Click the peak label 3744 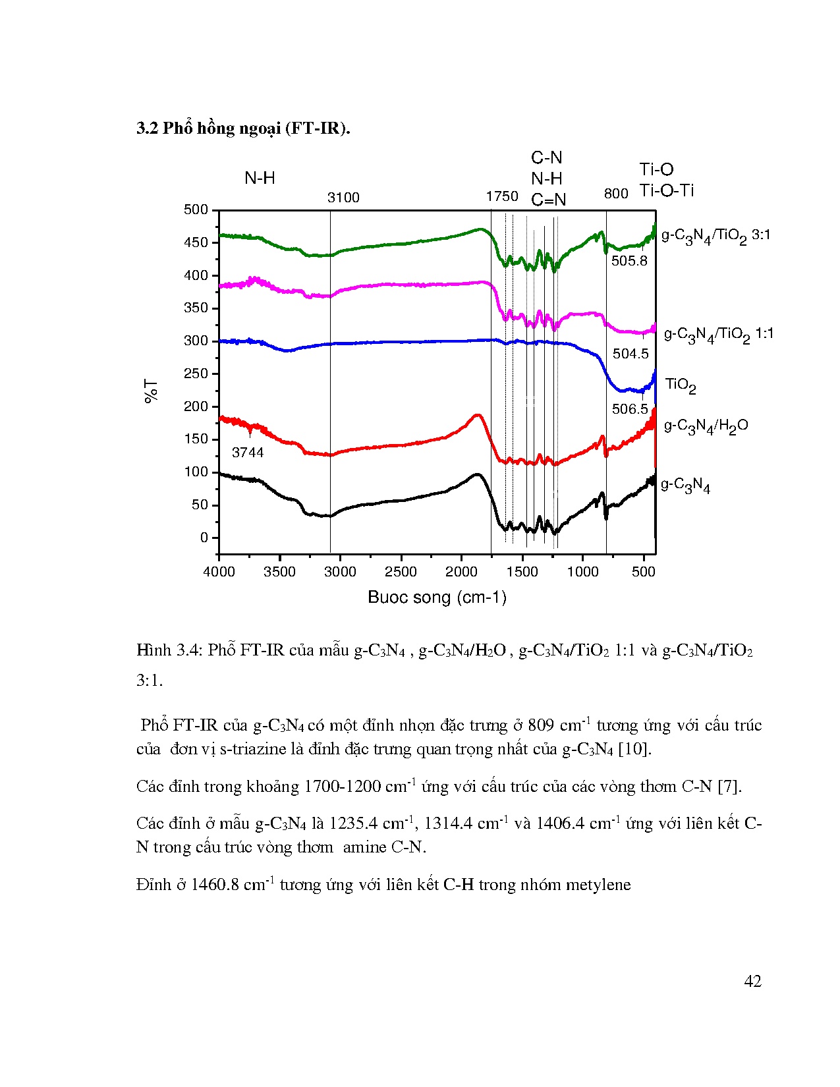tap(248, 453)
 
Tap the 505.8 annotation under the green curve tap(629, 261)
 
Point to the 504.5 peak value tap(630, 354)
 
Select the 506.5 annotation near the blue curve tap(630, 409)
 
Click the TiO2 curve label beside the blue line tap(681, 385)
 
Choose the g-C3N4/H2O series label tap(706, 426)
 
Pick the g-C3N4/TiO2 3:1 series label tap(715, 236)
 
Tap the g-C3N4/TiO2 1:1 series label tap(719, 335)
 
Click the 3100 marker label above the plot tap(343, 198)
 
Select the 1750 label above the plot tap(502, 196)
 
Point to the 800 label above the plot tap(616, 194)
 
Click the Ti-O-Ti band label tap(667, 191)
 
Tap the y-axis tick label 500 tap(196, 210)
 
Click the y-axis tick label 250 tap(196, 374)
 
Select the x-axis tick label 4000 tap(219, 572)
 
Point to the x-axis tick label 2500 tap(401, 572)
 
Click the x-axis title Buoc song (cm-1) tap(437, 598)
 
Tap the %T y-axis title tap(152, 391)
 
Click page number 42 tap(752, 982)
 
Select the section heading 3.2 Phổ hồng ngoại tap(243, 128)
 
